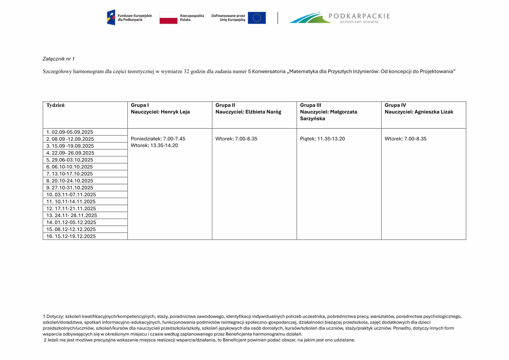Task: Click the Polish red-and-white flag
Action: (x=168, y=18)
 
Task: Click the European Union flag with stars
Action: (x=256, y=18)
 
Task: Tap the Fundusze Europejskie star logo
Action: (x=111, y=18)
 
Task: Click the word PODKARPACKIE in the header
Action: (x=359, y=16)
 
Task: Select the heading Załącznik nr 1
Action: (x=59, y=59)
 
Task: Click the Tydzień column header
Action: (x=55, y=105)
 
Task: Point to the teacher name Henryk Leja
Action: (x=175, y=112)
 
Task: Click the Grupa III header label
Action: (x=311, y=105)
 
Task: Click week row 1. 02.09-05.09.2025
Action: (x=70, y=132)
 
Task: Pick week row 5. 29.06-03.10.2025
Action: (x=70, y=160)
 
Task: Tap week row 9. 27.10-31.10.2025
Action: (x=70, y=188)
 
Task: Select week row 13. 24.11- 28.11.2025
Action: (x=72, y=215)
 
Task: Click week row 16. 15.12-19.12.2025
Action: (x=71, y=236)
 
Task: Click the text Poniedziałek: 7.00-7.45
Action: (x=158, y=139)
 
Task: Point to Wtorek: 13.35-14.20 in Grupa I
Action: (x=154, y=146)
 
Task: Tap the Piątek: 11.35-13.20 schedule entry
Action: (x=322, y=139)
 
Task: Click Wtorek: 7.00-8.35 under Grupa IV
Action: (x=405, y=139)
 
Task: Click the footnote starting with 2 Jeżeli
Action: (x=199, y=340)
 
